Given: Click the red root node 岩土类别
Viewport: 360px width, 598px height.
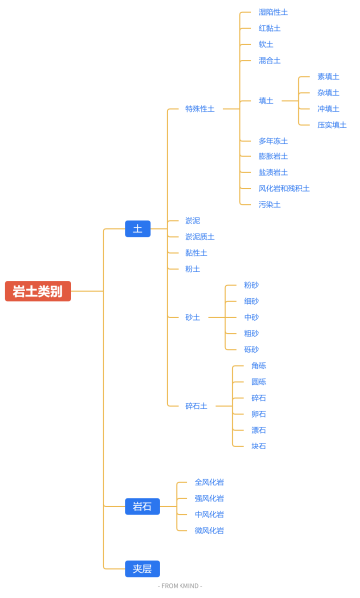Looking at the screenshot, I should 38,291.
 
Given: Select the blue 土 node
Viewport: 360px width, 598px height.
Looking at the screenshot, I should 138,229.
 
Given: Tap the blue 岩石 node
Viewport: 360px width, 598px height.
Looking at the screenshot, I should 142,506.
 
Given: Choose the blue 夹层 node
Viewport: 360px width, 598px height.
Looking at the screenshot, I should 142,568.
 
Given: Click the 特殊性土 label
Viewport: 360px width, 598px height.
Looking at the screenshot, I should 199,109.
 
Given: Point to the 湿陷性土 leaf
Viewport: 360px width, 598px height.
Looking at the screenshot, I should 273,12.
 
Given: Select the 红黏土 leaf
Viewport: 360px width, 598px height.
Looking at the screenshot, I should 269,28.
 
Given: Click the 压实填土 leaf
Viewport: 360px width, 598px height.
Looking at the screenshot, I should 332,125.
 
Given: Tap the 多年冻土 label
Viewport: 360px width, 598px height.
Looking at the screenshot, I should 273,141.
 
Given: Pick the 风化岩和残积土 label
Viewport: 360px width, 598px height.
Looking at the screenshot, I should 284,188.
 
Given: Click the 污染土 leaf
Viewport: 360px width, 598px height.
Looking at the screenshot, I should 269,204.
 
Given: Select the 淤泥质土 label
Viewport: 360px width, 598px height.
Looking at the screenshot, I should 199,237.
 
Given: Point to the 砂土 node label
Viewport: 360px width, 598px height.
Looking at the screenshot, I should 192,317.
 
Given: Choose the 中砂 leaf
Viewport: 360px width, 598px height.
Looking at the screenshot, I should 251,317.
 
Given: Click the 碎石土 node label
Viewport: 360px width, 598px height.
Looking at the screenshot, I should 196,406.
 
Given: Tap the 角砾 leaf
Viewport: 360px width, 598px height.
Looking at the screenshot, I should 258,366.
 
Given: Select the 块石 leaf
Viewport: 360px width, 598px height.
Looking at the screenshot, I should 258,446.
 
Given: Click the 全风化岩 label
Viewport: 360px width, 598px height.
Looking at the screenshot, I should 209,482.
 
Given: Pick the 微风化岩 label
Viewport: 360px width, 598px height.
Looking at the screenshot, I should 209,530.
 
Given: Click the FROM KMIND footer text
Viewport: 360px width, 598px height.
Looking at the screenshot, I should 180,586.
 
